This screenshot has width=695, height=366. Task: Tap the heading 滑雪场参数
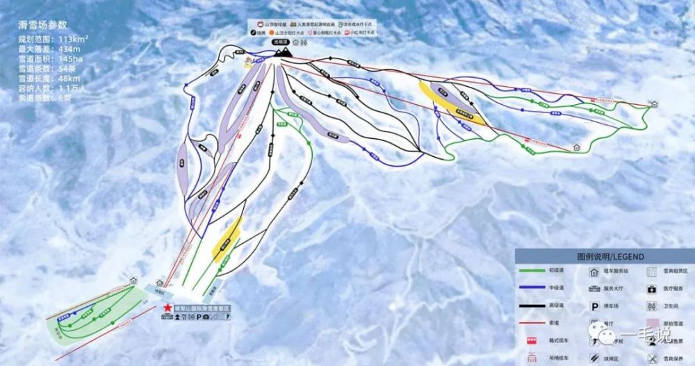[47, 25]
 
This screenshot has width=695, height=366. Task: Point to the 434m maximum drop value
[69, 49]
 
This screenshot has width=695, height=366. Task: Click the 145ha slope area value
[70, 59]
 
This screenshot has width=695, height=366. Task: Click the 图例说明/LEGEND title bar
[600, 256]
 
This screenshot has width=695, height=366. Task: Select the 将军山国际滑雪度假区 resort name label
[202, 308]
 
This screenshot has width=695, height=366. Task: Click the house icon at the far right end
[654, 104]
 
